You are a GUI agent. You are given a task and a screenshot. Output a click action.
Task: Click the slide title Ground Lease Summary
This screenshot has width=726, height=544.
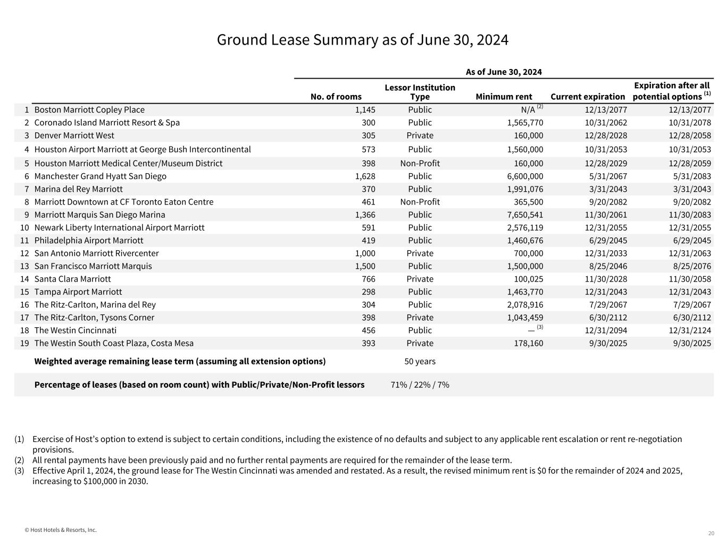pos(362,40)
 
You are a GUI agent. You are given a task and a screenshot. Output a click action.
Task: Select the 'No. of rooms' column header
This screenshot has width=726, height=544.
pos(336,97)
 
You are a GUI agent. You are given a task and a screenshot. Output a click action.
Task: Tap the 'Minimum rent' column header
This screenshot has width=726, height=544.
pos(504,97)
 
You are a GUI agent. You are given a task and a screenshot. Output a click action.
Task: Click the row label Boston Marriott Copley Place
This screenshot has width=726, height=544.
pos(89,110)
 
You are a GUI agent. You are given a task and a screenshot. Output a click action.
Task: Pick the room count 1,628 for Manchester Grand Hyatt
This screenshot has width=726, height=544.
pos(365,176)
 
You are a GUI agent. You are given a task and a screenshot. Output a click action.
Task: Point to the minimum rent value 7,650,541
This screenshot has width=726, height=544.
pos(525,215)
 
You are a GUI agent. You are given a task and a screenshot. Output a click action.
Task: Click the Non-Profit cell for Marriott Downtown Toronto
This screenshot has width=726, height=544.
pos(420,202)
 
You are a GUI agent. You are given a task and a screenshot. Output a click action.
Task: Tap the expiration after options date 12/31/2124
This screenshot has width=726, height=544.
pos(690,330)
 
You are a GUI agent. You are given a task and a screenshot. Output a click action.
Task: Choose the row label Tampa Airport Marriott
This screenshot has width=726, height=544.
pos(78,292)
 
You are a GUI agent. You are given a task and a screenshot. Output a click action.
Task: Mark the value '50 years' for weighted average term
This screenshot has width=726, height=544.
pos(420,361)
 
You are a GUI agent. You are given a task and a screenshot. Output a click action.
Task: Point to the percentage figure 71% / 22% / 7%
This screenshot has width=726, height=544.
pos(420,385)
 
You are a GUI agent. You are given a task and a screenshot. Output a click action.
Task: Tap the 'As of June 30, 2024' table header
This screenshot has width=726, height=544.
pos(504,72)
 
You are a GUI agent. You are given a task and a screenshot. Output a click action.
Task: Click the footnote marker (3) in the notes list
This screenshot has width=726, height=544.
pos(19,471)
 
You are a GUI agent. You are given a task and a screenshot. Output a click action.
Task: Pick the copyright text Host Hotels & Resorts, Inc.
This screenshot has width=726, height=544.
pos(61,530)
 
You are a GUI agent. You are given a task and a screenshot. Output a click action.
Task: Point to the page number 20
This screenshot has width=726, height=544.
pos(711,533)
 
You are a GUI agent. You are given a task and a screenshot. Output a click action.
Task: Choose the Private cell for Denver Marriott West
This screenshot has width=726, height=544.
pos(420,135)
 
